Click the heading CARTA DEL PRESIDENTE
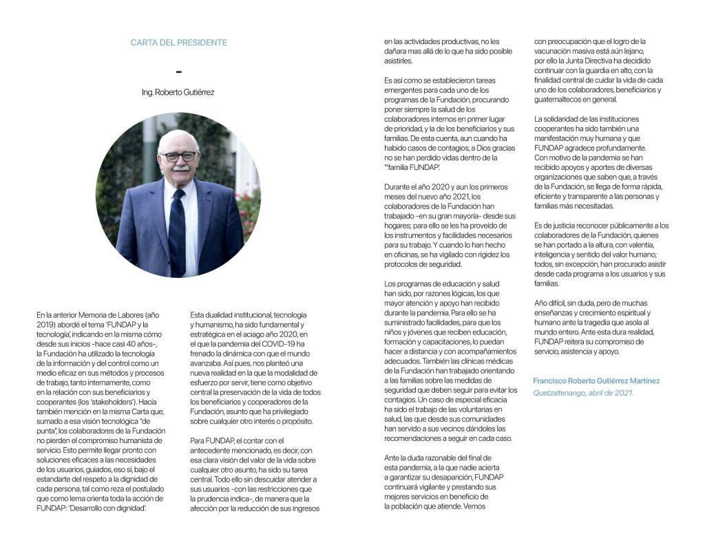178,43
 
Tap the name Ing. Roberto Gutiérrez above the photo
178,92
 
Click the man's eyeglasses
179,157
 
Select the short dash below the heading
179,72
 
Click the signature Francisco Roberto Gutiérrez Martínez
596,380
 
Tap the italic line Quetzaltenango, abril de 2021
583,393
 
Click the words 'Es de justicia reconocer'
576,226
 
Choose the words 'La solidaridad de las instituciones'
587,119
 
